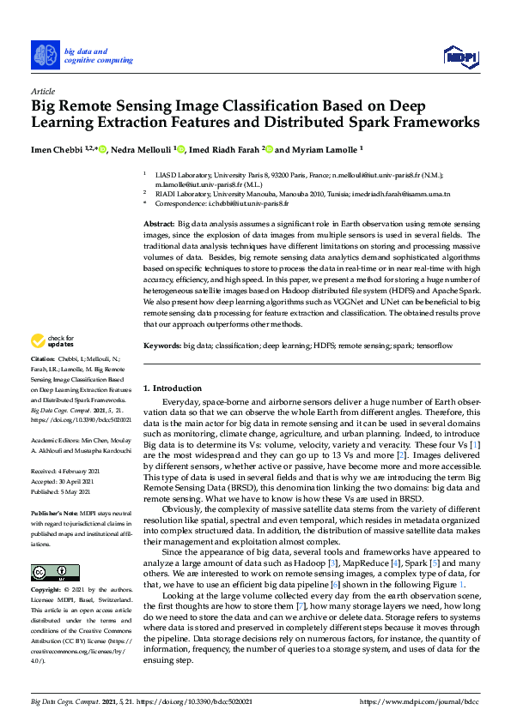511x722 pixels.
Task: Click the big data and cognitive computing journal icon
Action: pyautogui.click(x=45, y=55)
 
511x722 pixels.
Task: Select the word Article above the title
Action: pyautogui.click(x=42, y=91)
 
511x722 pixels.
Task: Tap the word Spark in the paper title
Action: pyautogui.click(x=382, y=122)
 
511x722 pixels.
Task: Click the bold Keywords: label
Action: pyautogui.click(x=162, y=345)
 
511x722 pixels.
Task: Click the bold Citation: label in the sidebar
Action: pyautogui.click(x=42, y=382)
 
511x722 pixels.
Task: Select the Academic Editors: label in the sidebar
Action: pyautogui.click(x=52, y=439)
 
